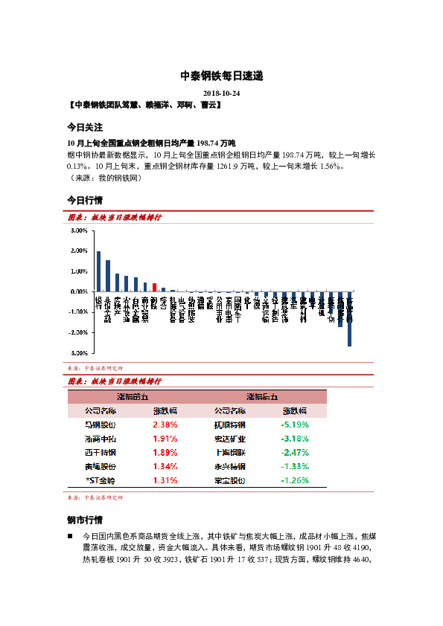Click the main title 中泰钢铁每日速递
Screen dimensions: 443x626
[221, 77]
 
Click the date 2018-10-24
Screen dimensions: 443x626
[221, 92]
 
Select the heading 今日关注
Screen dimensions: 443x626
[85, 127]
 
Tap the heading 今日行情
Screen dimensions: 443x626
[85, 201]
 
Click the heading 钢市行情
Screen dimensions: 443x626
[85, 520]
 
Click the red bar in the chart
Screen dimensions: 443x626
[154, 287]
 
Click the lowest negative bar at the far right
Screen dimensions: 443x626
[349, 319]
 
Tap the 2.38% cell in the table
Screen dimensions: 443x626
[165, 425]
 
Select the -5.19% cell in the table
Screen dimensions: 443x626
[294, 425]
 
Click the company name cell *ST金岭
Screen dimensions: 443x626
[101, 480]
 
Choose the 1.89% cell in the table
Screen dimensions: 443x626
[165, 452]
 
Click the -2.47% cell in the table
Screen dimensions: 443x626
[294, 452]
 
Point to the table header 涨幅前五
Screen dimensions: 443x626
[133, 396]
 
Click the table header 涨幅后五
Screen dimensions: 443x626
[261, 396]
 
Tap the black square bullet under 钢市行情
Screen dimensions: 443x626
[70, 535]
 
